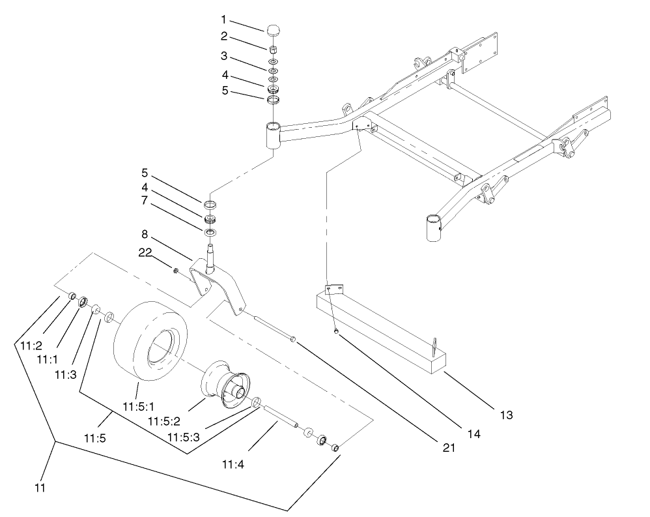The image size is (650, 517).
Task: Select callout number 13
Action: pyautogui.click(x=507, y=414)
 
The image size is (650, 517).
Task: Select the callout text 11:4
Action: pyautogui.click(x=233, y=464)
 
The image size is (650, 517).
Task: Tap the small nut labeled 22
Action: pyautogui.click(x=175, y=271)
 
